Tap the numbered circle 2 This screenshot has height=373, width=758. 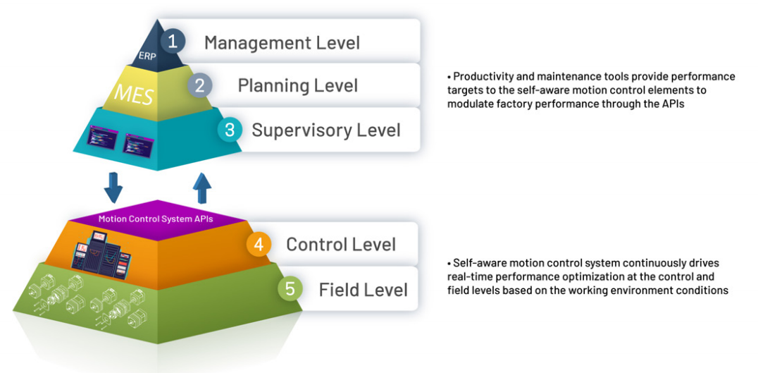pos(199,85)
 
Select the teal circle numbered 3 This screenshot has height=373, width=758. pos(230,130)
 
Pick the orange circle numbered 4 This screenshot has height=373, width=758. pos(259,244)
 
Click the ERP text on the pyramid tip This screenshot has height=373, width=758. pos(147,55)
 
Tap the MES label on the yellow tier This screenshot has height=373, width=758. pos(133,95)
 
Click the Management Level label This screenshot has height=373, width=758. pos(282,42)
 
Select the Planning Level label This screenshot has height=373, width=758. pos(298,85)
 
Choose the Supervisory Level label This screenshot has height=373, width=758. pos(326,130)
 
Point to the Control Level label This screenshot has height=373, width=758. pos(341,244)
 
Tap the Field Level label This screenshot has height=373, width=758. pos(363,289)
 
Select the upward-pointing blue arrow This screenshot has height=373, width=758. pos(202,188)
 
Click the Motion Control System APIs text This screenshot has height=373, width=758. pos(156,219)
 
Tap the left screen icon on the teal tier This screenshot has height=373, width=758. pos(103,138)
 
